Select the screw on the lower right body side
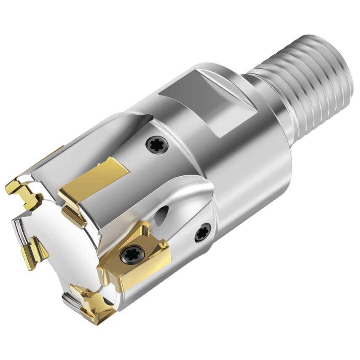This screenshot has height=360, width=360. click(203, 232)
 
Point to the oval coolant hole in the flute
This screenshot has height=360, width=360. click(162, 215)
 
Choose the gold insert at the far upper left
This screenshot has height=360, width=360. click(23, 192)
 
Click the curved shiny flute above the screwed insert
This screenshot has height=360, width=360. click(185, 202)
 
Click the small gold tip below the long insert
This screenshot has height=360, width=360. click(74, 215)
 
